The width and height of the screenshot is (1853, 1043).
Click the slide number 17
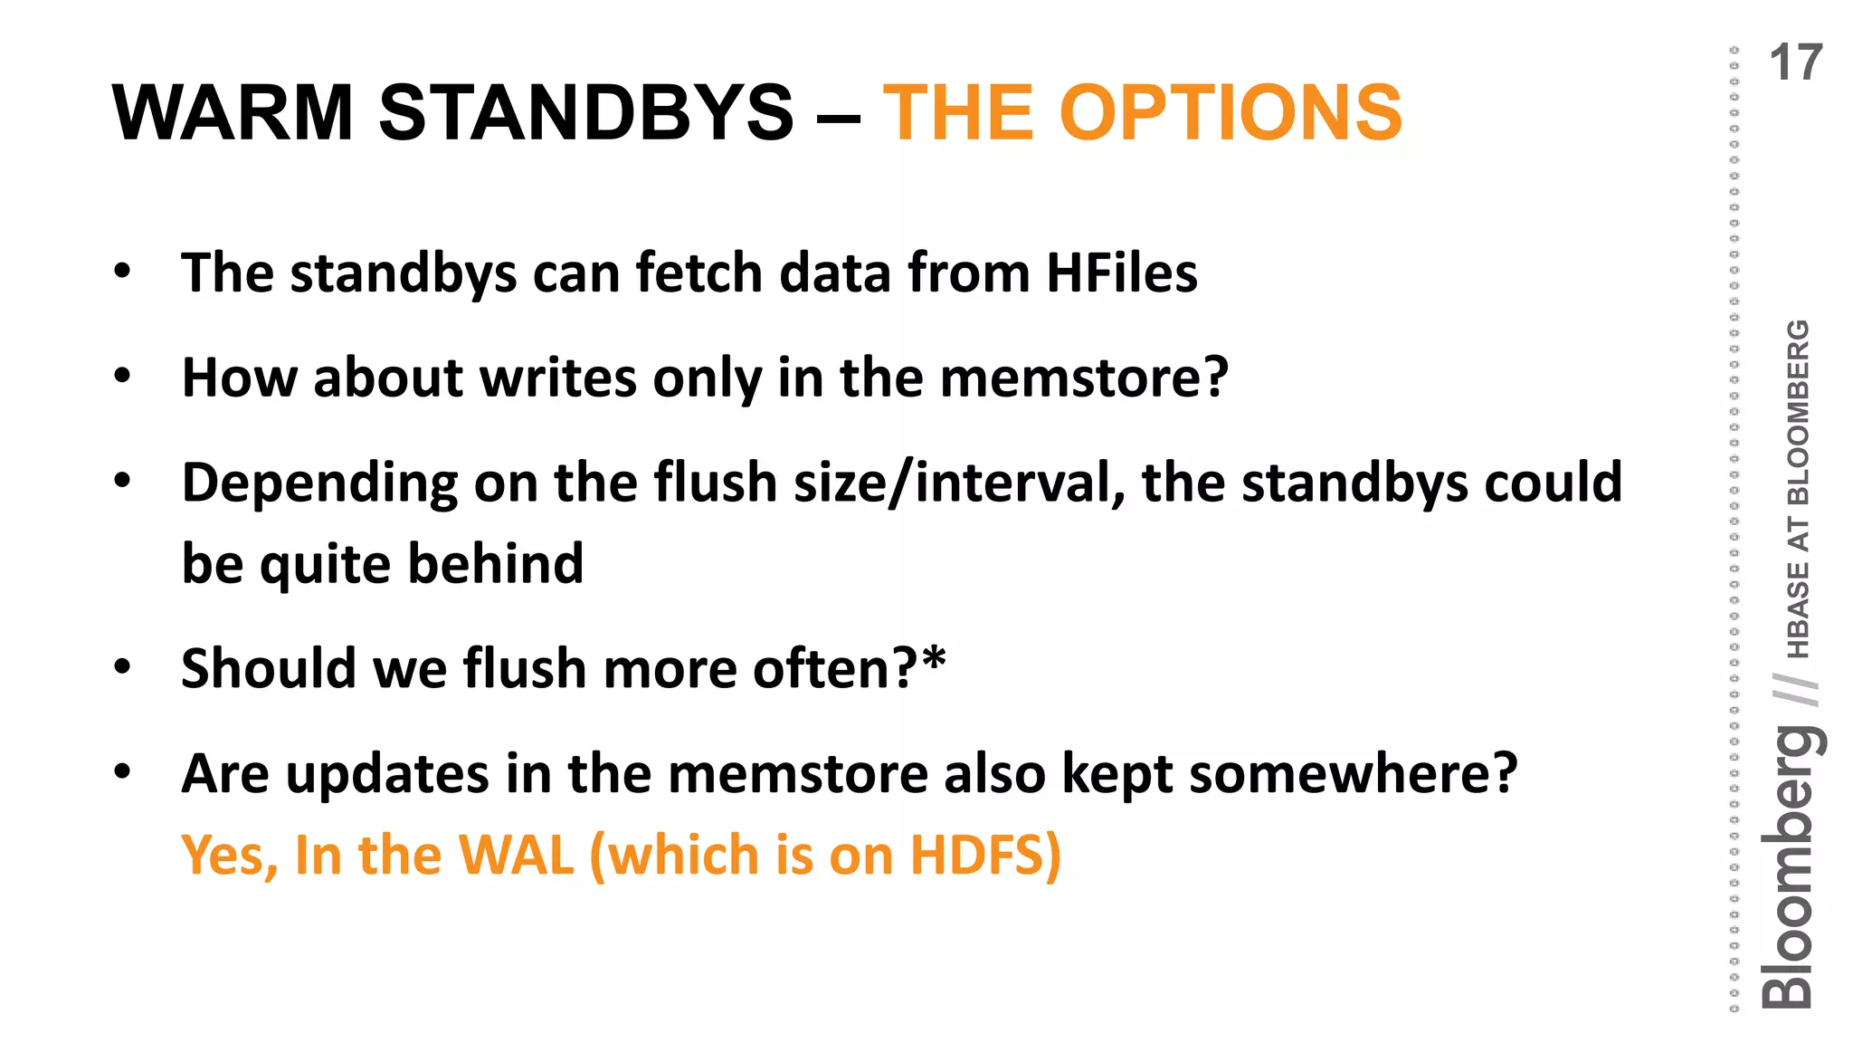point(1795,63)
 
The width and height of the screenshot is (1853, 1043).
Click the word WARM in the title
point(232,112)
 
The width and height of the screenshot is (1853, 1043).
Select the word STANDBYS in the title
point(585,112)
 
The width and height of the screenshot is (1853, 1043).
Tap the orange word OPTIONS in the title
point(1231,112)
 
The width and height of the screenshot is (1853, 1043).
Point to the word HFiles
point(1121,273)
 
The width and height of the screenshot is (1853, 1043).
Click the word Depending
point(319,483)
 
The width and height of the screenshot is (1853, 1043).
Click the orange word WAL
point(517,855)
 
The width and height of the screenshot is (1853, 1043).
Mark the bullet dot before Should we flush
point(123,667)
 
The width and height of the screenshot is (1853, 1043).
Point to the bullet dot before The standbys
point(123,271)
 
